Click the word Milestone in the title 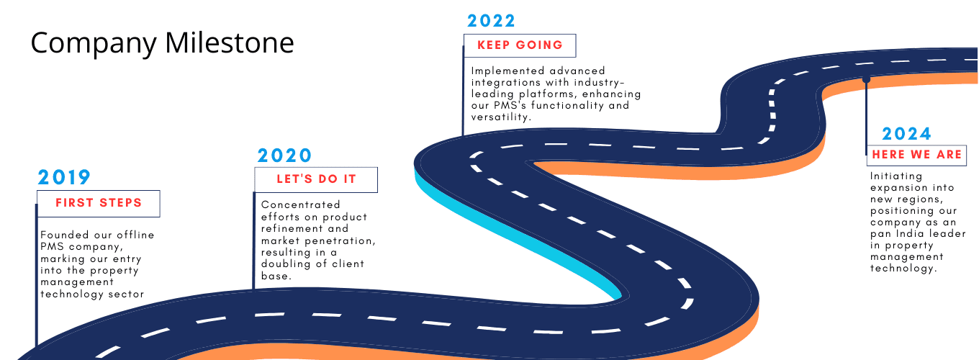[x=229, y=42]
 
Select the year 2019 [x=64, y=177]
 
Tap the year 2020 [x=284, y=156]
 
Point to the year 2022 [x=491, y=21]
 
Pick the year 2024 [x=906, y=134]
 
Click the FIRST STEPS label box [x=99, y=204]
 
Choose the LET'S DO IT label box [x=316, y=179]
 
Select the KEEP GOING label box [x=520, y=45]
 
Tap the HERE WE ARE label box [x=916, y=155]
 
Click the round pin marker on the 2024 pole [x=866, y=79]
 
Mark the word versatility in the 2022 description [x=501, y=117]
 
